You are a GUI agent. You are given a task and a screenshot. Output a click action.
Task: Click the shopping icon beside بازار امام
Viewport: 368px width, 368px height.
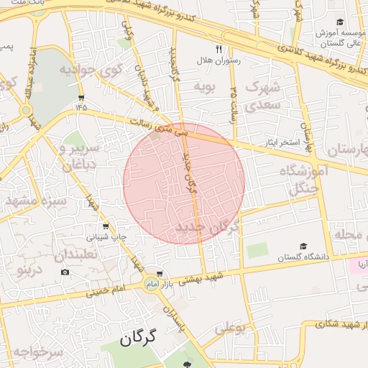[160, 275]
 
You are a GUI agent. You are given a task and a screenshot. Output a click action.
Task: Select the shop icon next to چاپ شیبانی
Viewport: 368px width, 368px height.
[106, 226]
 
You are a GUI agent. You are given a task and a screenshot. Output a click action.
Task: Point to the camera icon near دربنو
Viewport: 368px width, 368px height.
[65, 272]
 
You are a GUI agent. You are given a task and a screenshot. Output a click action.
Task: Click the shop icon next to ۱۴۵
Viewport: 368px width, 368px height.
[80, 97]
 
